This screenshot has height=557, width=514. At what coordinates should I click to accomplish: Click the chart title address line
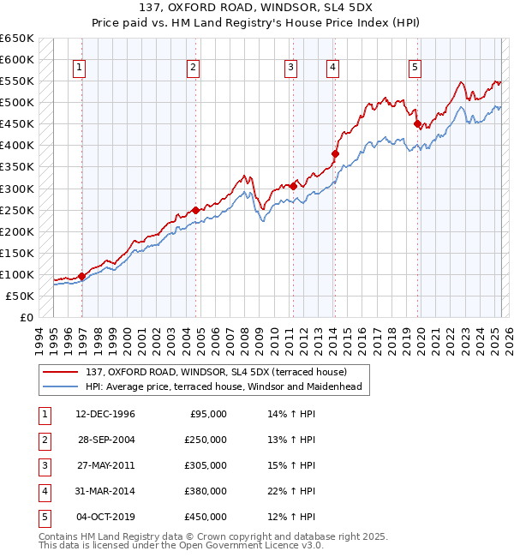pos(257,8)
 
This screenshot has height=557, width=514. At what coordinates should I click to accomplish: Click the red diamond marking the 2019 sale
pos(418,124)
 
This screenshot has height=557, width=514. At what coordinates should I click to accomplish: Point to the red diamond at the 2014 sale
pos(336,154)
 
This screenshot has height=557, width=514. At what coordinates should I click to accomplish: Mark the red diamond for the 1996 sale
pos(82,276)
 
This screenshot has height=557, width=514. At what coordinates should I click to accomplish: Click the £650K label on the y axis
pos(17,39)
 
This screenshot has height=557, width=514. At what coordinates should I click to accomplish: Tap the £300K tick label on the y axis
pos(17,189)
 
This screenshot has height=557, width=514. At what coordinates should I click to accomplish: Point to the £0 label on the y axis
pos(26,317)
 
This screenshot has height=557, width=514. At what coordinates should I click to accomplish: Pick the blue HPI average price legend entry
pos(224,386)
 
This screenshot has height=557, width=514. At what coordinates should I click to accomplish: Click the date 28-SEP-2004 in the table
pos(105,440)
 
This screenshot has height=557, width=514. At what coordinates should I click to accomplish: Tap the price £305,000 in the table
pos(206,465)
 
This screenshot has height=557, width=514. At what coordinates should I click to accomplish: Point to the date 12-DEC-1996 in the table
pos(105,414)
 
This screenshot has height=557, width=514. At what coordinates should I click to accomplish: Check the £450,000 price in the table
pos(206,517)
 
